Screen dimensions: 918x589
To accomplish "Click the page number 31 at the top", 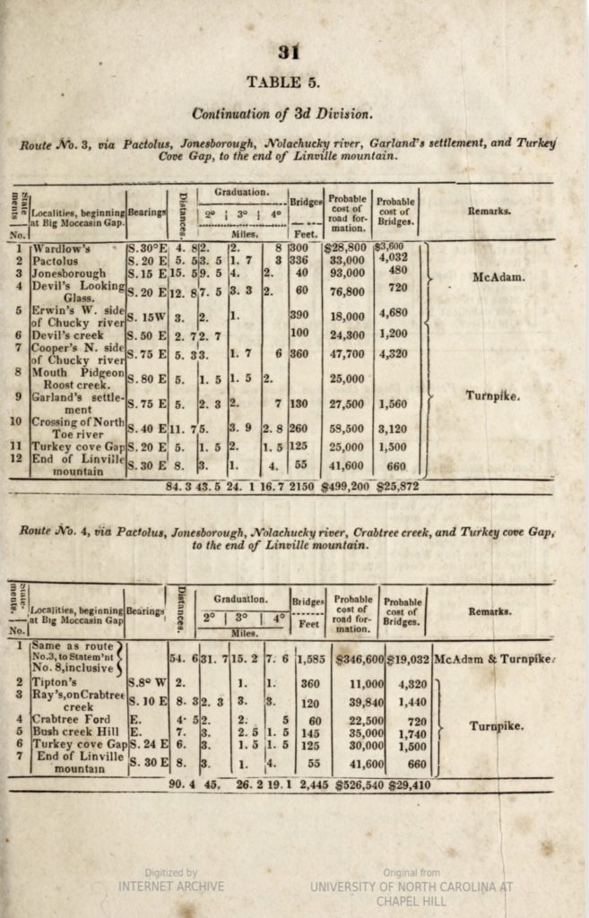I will pos(289,51).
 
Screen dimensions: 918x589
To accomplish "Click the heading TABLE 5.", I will pos(283,82).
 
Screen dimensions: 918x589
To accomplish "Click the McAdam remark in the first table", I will pos(498,277).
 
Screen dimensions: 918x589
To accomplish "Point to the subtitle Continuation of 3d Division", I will pos(282,114).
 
